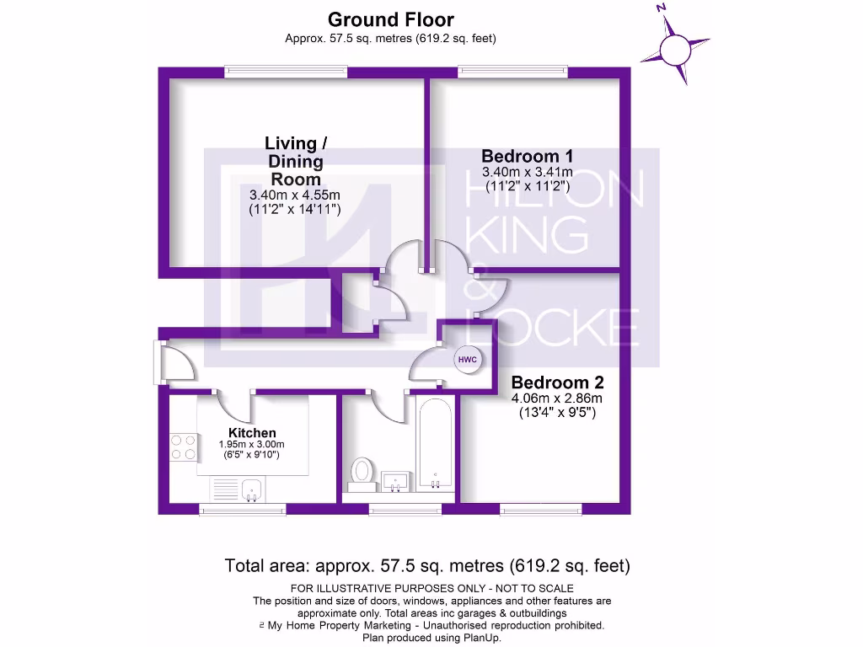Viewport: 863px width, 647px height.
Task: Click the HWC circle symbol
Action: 468,360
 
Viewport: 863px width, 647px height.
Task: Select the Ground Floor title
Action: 391,19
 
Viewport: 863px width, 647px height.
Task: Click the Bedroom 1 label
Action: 527,156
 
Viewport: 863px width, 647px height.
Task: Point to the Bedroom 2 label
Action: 557,381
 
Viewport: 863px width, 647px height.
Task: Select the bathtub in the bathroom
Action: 434,446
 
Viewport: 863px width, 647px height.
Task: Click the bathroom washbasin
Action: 396,481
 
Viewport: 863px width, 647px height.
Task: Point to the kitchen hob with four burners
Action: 183,447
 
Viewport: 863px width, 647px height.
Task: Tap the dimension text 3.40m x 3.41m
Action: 527,173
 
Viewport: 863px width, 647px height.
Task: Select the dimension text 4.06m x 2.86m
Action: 557,398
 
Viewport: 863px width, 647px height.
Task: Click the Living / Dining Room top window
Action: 286,72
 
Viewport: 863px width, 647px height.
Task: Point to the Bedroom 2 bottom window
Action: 540,509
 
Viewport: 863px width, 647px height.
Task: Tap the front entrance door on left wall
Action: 160,362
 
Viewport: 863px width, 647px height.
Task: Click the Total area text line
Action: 427,565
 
